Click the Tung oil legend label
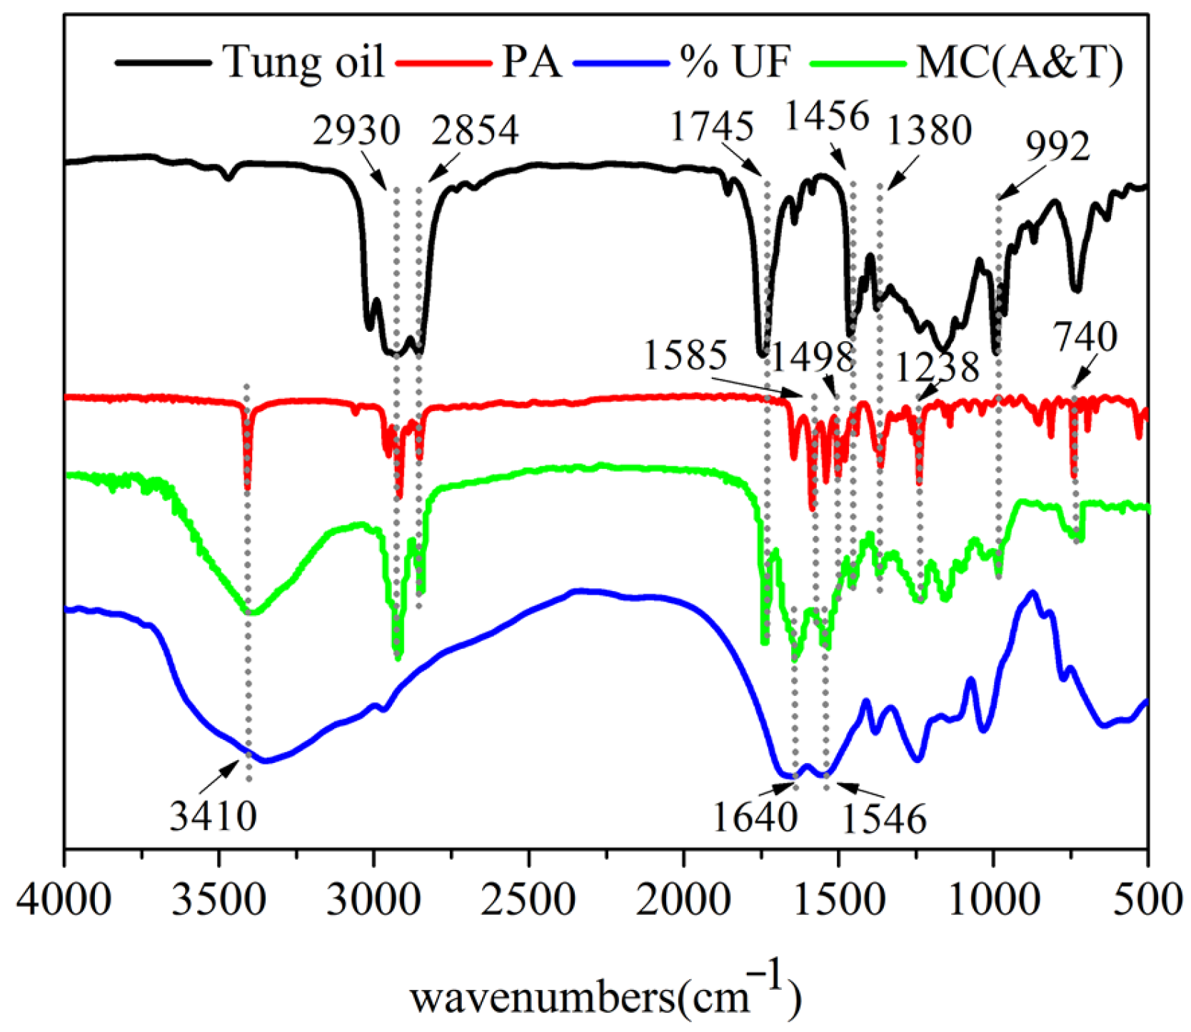click(304, 62)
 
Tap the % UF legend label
click(735, 62)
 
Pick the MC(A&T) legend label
click(1020, 63)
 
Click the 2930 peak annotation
click(356, 131)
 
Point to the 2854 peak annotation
click(475, 131)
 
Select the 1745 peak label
click(712, 127)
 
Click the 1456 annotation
click(827, 116)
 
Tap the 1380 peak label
click(929, 131)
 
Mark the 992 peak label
click(1057, 147)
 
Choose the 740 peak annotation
click(1086, 337)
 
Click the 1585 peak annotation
click(685, 355)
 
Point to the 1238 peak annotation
click(937, 368)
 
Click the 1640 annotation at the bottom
click(754, 817)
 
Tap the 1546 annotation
click(884, 819)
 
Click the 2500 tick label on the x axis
click(528, 901)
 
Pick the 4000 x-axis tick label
click(64, 901)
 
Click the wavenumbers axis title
click(605, 996)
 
